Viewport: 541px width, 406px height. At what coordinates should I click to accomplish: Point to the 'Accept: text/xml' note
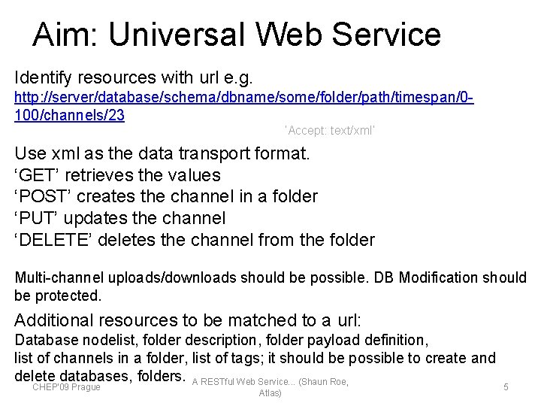click(x=330, y=131)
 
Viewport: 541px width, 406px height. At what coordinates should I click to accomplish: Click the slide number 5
click(x=506, y=386)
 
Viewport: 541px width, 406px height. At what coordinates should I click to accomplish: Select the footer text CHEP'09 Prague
click(x=66, y=387)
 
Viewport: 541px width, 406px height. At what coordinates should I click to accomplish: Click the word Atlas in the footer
click(x=270, y=393)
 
